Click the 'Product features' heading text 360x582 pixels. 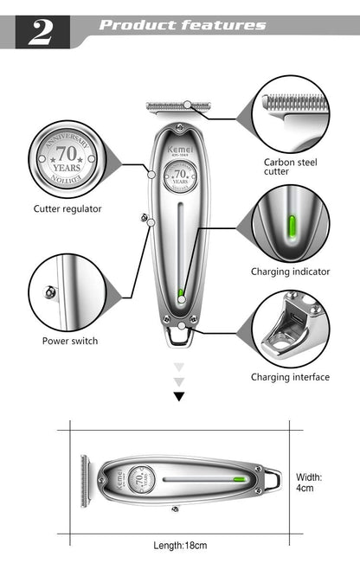click(x=182, y=25)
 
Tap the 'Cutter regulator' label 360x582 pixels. click(x=67, y=208)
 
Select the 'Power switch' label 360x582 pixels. click(x=70, y=341)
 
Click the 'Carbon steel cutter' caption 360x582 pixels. click(x=289, y=166)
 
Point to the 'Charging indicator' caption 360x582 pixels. click(x=290, y=272)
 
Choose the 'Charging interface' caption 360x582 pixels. click(x=290, y=377)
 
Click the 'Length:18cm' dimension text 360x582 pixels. click(x=179, y=545)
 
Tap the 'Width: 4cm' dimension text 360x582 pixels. click(x=309, y=482)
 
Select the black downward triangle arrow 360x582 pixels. click(x=179, y=397)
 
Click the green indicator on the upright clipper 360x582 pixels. click(x=180, y=294)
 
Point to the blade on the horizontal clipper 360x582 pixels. click(x=85, y=481)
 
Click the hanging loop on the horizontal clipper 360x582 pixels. click(x=272, y=477)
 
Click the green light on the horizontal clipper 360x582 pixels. click(x=237, y=478)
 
